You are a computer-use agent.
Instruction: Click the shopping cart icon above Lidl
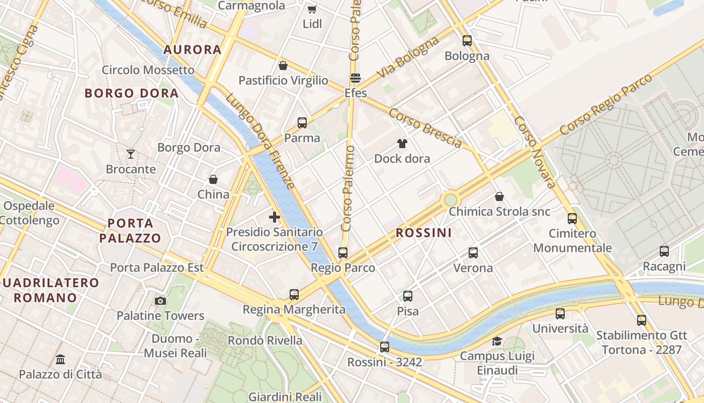click(312, 9)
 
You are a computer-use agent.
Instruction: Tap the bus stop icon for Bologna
click(467, 41)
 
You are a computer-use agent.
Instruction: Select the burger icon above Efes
click(356, 78)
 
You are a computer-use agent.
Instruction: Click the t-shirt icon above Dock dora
click(402, 144)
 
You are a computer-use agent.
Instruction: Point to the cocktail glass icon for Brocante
click(131, 154)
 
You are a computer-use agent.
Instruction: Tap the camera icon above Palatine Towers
click(160, 301)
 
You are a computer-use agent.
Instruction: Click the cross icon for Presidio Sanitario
click(275, 217)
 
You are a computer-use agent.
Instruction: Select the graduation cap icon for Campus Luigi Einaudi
click(497, 342)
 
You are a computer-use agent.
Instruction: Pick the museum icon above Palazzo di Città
click(60, 359)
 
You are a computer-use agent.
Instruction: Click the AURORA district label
click(193, 49)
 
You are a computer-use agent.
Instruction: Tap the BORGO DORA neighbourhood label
click(132, 93)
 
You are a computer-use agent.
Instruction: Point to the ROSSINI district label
click(423, 233)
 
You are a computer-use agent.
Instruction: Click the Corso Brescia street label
click(425, 128)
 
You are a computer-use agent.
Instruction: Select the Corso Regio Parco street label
click(605, 104)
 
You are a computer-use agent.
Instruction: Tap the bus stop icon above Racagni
click(664, 251)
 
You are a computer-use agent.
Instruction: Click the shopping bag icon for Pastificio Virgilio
click(283, 65)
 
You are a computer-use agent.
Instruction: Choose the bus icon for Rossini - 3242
click(385, 347)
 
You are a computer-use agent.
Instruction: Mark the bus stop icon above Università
click(560, 314)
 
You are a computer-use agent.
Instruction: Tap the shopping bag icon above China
click(213, 179)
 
